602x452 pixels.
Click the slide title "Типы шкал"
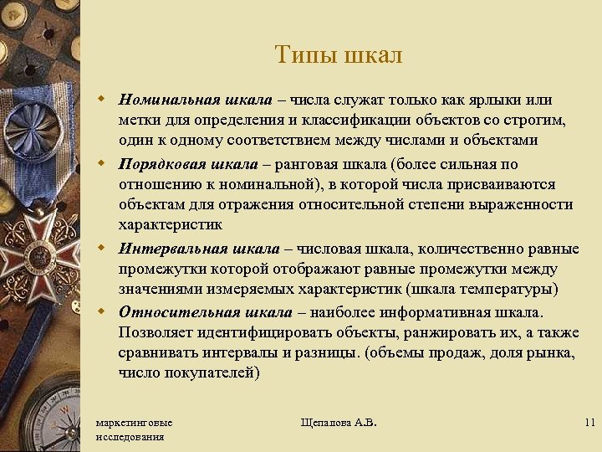coord(338,55)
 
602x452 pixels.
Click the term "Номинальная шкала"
coord(195,100)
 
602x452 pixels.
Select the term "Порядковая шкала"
coord(190,163)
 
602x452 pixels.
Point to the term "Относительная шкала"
coord(205,312)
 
